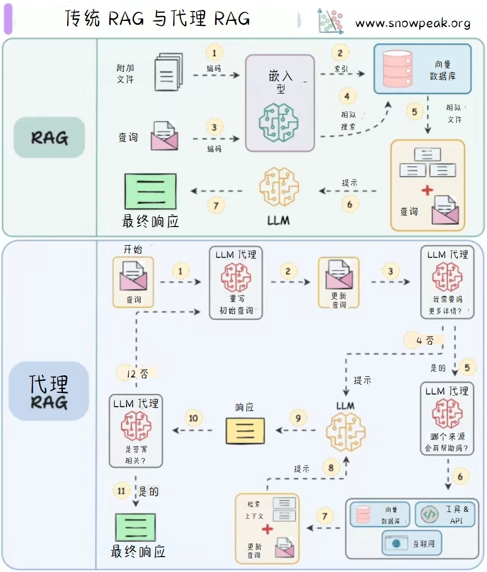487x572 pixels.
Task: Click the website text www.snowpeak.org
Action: click(413, 23)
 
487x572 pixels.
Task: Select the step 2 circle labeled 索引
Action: click(340, 53)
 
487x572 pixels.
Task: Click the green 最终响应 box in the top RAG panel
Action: click(150, 191)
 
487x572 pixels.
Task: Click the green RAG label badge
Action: click(50, 137)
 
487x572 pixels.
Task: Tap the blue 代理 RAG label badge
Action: click(49, 392)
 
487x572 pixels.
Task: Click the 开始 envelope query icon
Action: click(133, 276)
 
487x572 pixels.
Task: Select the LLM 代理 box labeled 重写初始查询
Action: click(236, 283)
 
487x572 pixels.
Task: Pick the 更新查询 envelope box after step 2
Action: click(339, 283)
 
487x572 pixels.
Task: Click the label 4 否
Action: click(422, 341)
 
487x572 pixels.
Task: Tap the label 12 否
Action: click(136, 374)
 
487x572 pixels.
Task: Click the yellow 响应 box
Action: click(245, 430)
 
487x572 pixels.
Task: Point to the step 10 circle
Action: click(193, 419)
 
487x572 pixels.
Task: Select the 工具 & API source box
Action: click(445, 514)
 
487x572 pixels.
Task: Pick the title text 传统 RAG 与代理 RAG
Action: click(158, 19)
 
